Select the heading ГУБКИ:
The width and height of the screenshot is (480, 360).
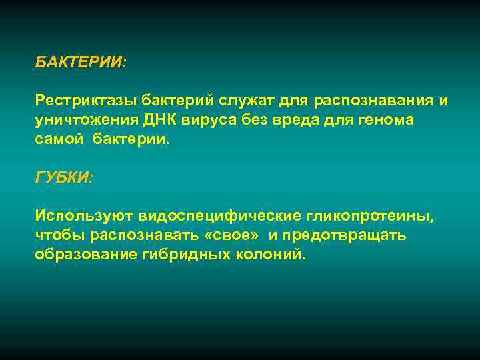pos(64,178)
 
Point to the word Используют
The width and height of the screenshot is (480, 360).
pos(85,217)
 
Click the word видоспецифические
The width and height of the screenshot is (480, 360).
pos(220,217)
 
